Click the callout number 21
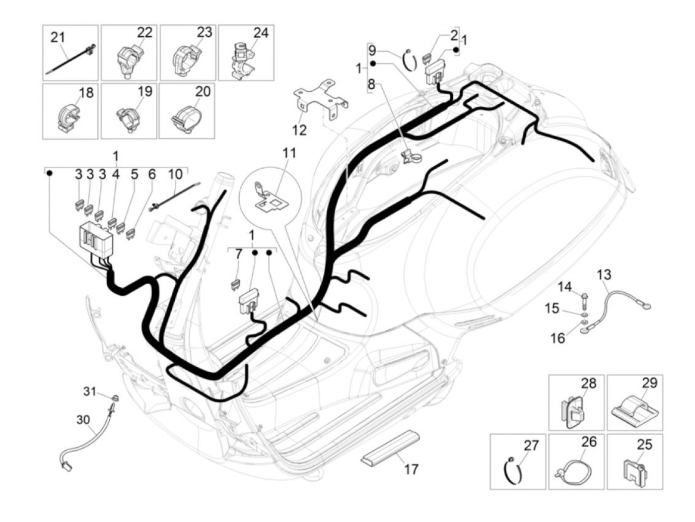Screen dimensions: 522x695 (x=58, y=37)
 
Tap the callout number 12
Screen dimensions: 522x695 (x=299, y=130)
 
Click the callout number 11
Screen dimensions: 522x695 (x=289, y=152)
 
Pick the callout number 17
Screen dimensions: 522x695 (x=412, y=468)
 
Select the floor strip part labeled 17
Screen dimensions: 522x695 (x=390, y=446)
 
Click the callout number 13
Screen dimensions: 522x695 (x=604, y=274)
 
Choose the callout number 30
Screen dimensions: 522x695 (x=83, y=420)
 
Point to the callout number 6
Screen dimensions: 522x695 (x=152, y=174)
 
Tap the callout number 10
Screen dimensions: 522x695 (x=175, y=174)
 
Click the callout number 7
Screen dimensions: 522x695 (x=239, y=254)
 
